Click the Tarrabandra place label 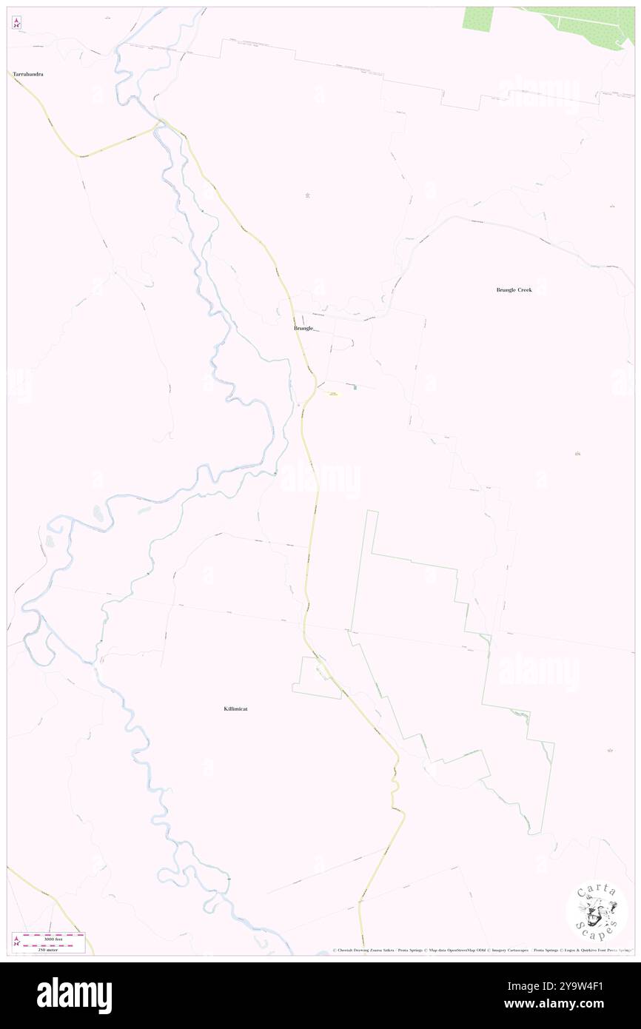point(27,74)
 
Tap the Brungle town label point(303,328)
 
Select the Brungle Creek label point(514,289)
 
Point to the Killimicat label point(235,708)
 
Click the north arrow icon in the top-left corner point(16,24)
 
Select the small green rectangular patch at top point(477,19)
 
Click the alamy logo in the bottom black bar point(74,995)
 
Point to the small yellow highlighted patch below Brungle point(333,393)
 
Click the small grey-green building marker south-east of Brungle point(355,387)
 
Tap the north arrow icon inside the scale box point(16,942)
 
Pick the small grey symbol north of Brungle point(307,195)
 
